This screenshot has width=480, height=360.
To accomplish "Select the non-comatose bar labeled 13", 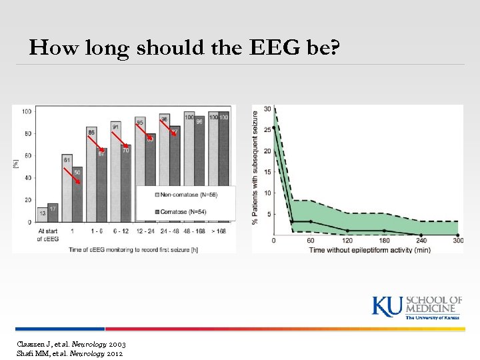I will [x=42, y=215].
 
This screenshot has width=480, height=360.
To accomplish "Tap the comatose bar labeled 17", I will [x=53, y=213].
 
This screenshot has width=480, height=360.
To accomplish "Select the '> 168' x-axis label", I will [x=219, y=229].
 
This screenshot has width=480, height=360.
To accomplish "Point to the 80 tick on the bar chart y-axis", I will [x=27, y=133].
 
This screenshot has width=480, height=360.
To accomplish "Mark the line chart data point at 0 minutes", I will [x=274, y=127].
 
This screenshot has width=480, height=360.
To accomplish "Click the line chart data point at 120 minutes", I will [x=347, y=231].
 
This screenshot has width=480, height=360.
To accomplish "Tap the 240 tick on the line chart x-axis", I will [x=421, y=241].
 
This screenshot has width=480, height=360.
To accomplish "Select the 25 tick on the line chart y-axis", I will [x=267, y=129].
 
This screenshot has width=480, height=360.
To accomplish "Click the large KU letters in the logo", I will [x=387, y=306].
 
